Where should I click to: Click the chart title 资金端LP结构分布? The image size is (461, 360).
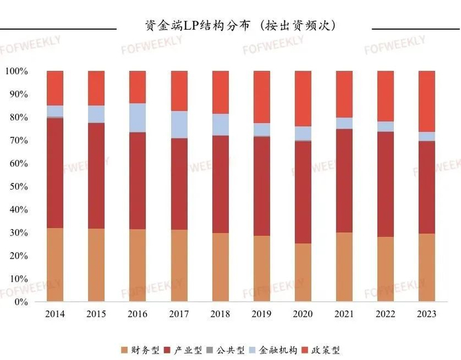pyautogui.click(x=240, y=26)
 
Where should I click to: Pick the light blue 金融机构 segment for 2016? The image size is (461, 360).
pyautogui.click(x=138, y=118)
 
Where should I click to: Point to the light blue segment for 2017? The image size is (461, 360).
pyautogui.click(x=179, y=124)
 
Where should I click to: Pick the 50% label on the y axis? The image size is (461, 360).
pyautogui.click(x=18, y=187)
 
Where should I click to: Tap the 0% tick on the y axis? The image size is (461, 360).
pyautogui.click(x=20, y=302)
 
